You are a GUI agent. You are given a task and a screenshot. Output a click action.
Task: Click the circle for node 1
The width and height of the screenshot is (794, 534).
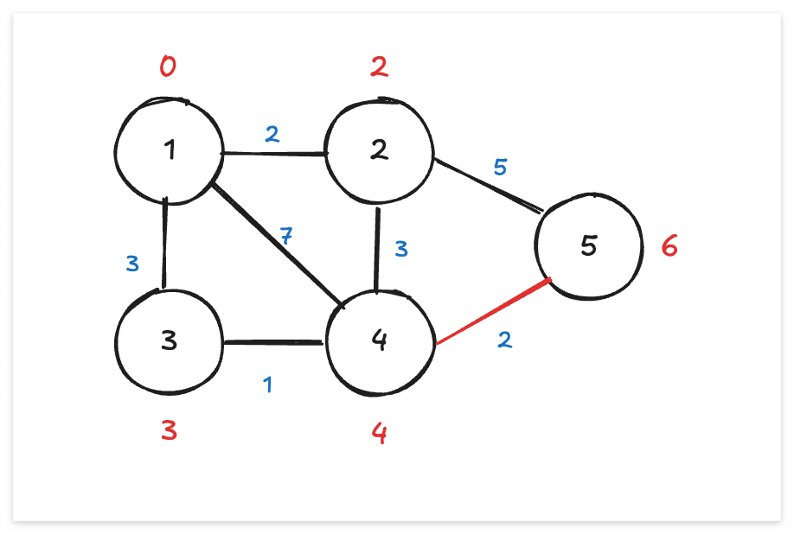click(x=170, y=151)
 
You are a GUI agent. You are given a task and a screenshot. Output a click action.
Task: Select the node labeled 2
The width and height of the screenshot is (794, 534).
click(x=378, y=151)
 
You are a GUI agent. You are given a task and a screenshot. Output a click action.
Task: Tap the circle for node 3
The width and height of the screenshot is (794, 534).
click(x=170, y=340)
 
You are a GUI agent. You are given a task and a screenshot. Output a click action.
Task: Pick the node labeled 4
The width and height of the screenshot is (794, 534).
click(x=378, y=340)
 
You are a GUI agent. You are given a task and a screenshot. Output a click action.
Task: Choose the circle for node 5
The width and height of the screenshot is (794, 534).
click(x=588, y=246)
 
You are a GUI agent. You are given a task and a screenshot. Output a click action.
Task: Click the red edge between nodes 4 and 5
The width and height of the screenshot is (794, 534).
click(x=493, y=313)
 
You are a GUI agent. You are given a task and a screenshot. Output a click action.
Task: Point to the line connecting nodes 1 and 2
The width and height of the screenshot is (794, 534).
click(x=275, y=154)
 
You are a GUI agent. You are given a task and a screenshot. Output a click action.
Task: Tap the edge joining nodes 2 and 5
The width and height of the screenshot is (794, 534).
click(x=487, y=185)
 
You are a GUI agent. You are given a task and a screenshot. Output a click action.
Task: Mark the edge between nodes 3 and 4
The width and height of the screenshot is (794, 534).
click(x=273, y=342)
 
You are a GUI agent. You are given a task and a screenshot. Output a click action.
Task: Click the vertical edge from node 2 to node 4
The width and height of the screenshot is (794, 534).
click(x=377, y=246)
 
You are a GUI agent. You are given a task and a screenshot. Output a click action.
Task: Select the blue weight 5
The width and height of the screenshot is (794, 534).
click(x=500, y=167)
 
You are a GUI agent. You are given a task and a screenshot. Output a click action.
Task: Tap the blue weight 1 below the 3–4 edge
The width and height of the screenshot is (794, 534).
click(x=268, y=384)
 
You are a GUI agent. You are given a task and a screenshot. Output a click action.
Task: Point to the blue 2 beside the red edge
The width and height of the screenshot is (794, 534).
click(x=504, y=340)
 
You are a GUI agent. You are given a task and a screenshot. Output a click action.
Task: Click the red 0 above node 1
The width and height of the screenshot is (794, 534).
click(x=168, y=67)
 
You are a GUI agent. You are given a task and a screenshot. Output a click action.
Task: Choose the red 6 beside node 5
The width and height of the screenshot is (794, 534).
click(x=669, y=247)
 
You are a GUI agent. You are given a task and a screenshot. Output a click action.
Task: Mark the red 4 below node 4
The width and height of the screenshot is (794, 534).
click(x=379, y=432)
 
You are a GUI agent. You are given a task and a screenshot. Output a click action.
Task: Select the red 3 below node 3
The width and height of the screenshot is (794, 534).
click(x=170, y=430)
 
